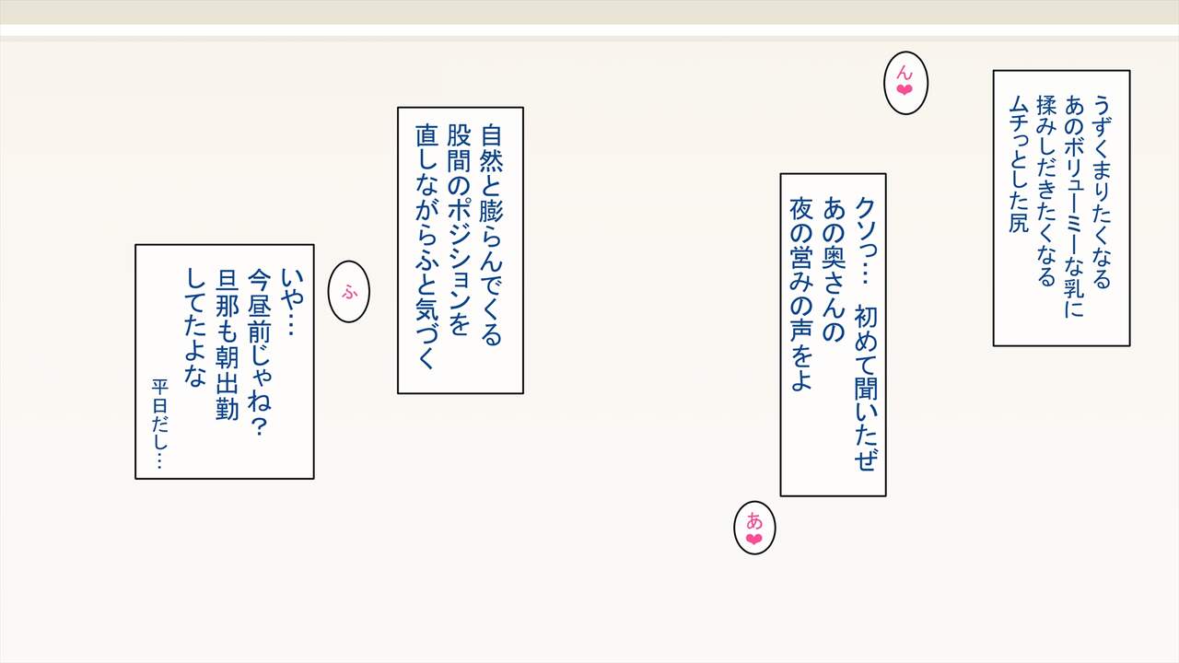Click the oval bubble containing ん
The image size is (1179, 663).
[905, 82]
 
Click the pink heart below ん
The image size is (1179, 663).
[905, 90]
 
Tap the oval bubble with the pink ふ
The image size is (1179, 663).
[349, 292]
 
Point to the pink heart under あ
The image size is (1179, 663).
[754, 540]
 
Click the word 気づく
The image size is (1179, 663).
[426, 341]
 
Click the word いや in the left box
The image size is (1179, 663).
[291, 281]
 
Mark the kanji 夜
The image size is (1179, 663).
[800, 209]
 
